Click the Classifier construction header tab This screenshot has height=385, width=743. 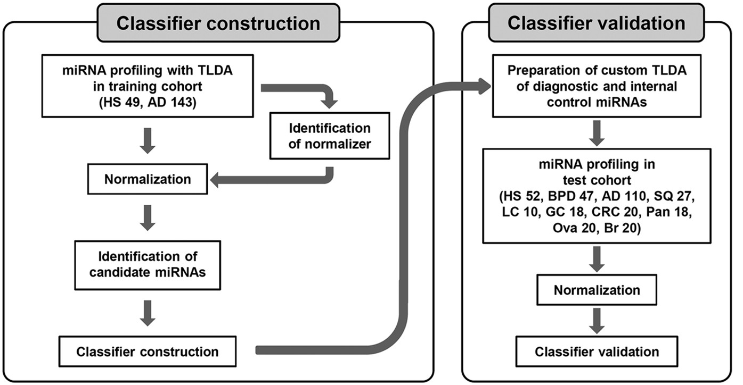click(x=218, y=23)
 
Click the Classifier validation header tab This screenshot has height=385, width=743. click(x=597, y=23)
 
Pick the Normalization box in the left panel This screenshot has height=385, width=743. click(x=148, y=179)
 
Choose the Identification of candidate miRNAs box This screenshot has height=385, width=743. click(x=148, y=266)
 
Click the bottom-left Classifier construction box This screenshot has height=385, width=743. click(x=148, y=351)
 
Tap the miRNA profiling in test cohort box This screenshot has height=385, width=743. click(x=596, y=195)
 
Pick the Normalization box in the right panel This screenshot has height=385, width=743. click(x=597, y=290)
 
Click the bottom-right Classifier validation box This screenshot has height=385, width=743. click(x=597, y=351)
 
